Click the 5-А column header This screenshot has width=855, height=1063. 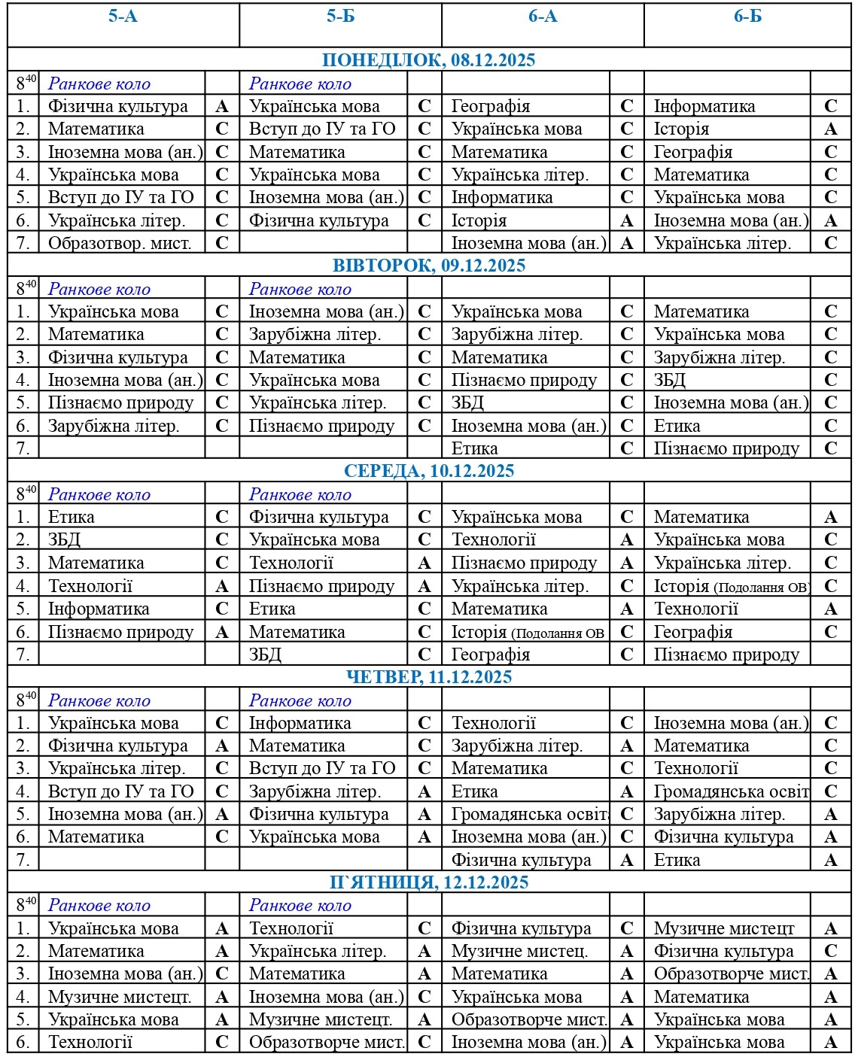coord(123,17)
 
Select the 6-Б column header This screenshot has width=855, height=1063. coord(747,17)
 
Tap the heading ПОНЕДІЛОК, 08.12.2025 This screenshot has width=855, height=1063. coord(428,60)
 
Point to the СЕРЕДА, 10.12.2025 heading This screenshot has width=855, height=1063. coord(429,471)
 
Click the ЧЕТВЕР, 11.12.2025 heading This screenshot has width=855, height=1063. coord(429,676)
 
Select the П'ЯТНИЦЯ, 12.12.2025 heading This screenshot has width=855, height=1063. coord(429,882)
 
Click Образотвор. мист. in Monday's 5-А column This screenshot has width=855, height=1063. coord(120,243)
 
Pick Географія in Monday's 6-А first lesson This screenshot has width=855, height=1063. coord(491,106)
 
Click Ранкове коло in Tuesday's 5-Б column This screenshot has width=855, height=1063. coord(300,289)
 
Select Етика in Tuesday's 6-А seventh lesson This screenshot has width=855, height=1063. coord(474,448)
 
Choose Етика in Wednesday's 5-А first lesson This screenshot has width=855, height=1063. coord(72,517)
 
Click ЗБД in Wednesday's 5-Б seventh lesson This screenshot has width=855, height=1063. coord(265,655)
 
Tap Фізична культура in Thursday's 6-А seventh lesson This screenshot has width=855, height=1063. coord(521,860)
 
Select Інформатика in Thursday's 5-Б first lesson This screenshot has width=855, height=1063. coord(300,723)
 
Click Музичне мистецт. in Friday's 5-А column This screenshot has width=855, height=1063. coord(120,997)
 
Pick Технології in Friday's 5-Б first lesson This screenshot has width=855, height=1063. coord(291,928)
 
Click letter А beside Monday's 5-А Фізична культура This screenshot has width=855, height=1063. coord(222,106)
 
